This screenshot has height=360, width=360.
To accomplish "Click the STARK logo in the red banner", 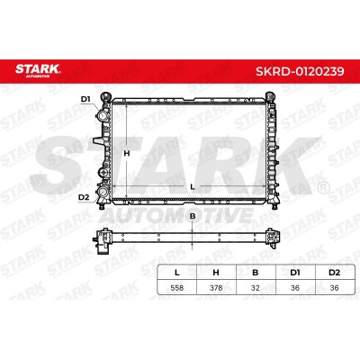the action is click(x=38, y=71).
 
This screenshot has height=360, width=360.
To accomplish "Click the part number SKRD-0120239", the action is click(x=300, y=71).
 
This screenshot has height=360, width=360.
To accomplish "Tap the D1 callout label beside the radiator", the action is click(x=85, y=99).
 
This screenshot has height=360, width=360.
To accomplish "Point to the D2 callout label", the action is click(x=84, y=197).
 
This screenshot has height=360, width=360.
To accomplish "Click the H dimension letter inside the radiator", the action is click(x=127, y=153).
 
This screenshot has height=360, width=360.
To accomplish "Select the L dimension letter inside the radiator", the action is click(x=193, y=186).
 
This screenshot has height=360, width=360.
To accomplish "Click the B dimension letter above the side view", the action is click(x=193, y=216).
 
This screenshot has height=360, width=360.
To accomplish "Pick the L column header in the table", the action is click(x=177, y=273).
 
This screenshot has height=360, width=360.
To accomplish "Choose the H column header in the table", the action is click(x=216, y=273).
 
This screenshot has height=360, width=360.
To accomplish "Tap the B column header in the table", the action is click(x=256, y=273).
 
